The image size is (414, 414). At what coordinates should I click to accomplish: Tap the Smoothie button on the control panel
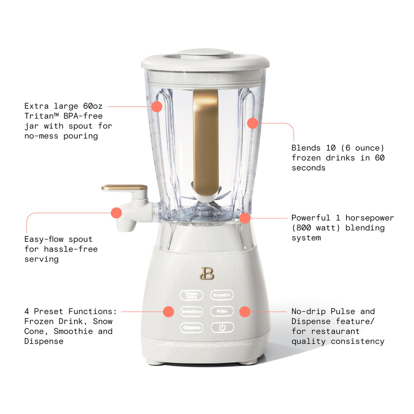222,296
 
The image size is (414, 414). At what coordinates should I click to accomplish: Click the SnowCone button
192,312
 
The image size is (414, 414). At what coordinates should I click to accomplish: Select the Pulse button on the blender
222,312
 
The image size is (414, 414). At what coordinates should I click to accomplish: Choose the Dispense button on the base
192,327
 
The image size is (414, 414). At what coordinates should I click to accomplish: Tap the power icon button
222,327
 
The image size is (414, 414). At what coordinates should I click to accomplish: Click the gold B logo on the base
207,273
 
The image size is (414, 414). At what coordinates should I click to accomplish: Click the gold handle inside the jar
206,142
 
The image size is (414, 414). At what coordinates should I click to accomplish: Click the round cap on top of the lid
205,53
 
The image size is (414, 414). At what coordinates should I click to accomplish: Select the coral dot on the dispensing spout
116,213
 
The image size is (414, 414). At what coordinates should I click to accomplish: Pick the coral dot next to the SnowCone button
169,311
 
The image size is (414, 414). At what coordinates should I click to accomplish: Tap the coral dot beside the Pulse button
245,311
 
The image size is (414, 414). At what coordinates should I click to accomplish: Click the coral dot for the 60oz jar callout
157,107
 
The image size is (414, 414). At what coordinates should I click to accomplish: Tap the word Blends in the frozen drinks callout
306,148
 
